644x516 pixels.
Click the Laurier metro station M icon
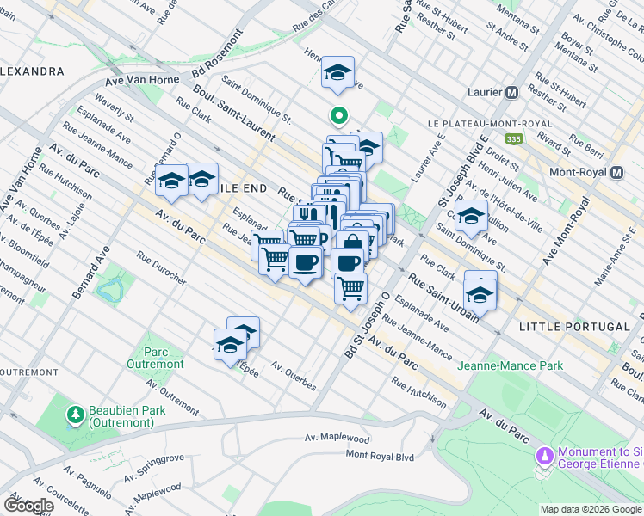coord(511,92)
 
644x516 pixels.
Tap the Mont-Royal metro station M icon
coord(616,172)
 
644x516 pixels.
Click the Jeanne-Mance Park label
coord(511,365)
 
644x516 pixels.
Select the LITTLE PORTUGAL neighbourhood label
coord(575,327)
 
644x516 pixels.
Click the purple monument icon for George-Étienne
coord(543,454)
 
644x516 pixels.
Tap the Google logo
coord(28,506)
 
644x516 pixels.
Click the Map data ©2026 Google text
coord(591,509)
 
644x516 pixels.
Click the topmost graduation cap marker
coord(337,72)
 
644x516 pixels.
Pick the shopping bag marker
coord(352,245)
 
